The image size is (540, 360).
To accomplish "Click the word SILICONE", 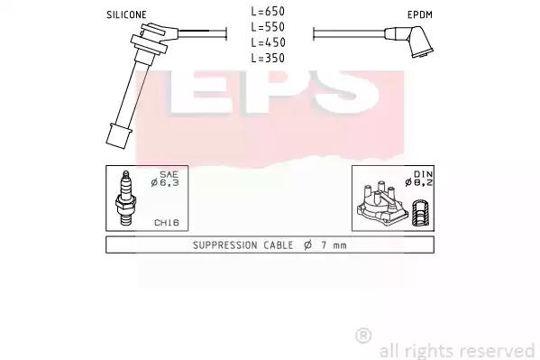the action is tap(126, 14).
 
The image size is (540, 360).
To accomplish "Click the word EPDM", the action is tap(420, 14).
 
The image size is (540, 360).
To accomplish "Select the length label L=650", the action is tap(268, 12).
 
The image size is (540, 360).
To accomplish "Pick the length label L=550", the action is tap(268, 27).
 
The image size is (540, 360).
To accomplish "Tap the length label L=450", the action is tap(268, 42).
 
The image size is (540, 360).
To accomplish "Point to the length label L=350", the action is tap(268, 58).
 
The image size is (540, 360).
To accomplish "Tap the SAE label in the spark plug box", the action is tap(169, 174).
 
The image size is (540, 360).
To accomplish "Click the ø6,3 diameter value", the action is tap(165, 183).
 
